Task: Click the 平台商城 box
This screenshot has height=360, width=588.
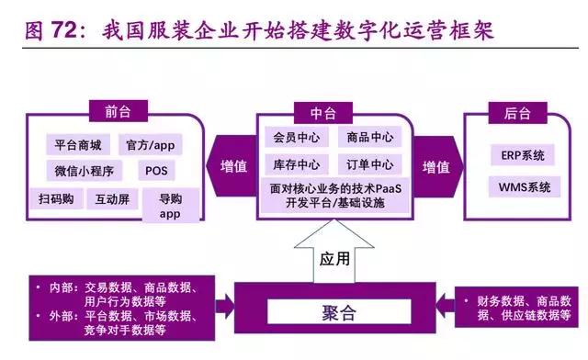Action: point(78,144)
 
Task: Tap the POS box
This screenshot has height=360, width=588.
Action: point(153,171)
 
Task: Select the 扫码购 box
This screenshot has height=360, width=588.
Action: point(56,198)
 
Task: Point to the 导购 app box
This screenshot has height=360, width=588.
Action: point(170,206)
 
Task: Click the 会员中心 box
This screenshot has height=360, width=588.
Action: point(296,138)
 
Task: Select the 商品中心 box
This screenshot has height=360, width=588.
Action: point(369,138)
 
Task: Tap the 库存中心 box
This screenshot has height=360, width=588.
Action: point(296,165)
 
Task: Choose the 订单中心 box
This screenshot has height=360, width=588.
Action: point(369,165)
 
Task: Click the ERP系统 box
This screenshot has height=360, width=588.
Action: point(523,155)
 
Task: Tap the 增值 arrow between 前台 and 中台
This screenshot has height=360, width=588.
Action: point(234,167)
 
